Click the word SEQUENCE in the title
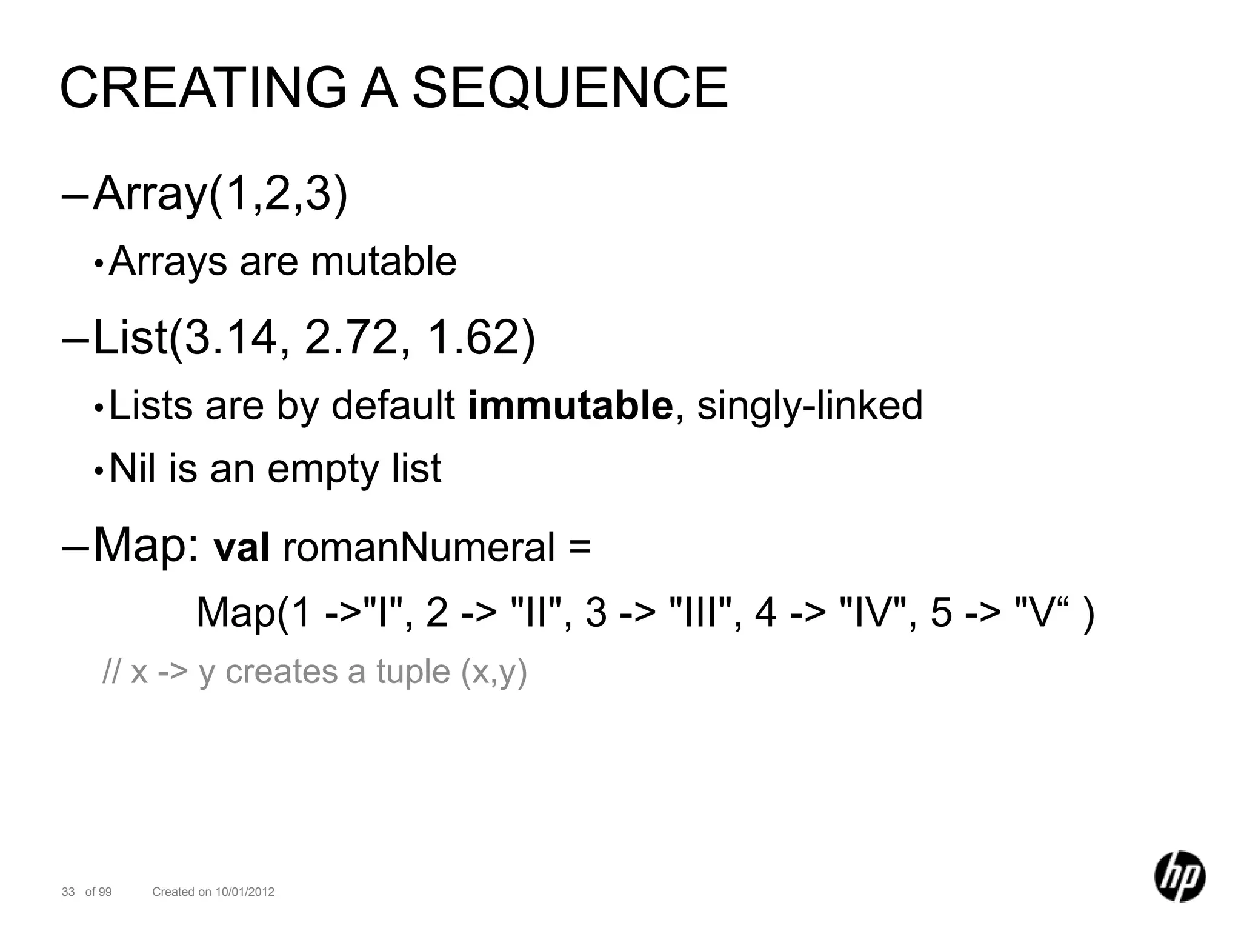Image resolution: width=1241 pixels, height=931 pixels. click(x=570, y=88)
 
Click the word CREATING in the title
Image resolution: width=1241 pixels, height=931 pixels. click(x=204, y=88)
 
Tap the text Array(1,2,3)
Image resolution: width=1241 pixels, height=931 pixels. click(x=221, y=194)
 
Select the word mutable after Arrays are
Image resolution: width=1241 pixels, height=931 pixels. click(x=384, y=261)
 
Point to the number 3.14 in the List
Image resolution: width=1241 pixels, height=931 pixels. click(x=230, y=338)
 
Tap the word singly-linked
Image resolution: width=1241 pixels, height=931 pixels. click(x=810, y=406)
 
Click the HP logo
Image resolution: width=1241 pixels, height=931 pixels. click(x=1179, y=876)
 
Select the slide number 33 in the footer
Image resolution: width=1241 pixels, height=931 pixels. click(x=68, y=892)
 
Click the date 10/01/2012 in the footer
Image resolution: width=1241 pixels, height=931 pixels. click(x=245, y=892)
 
